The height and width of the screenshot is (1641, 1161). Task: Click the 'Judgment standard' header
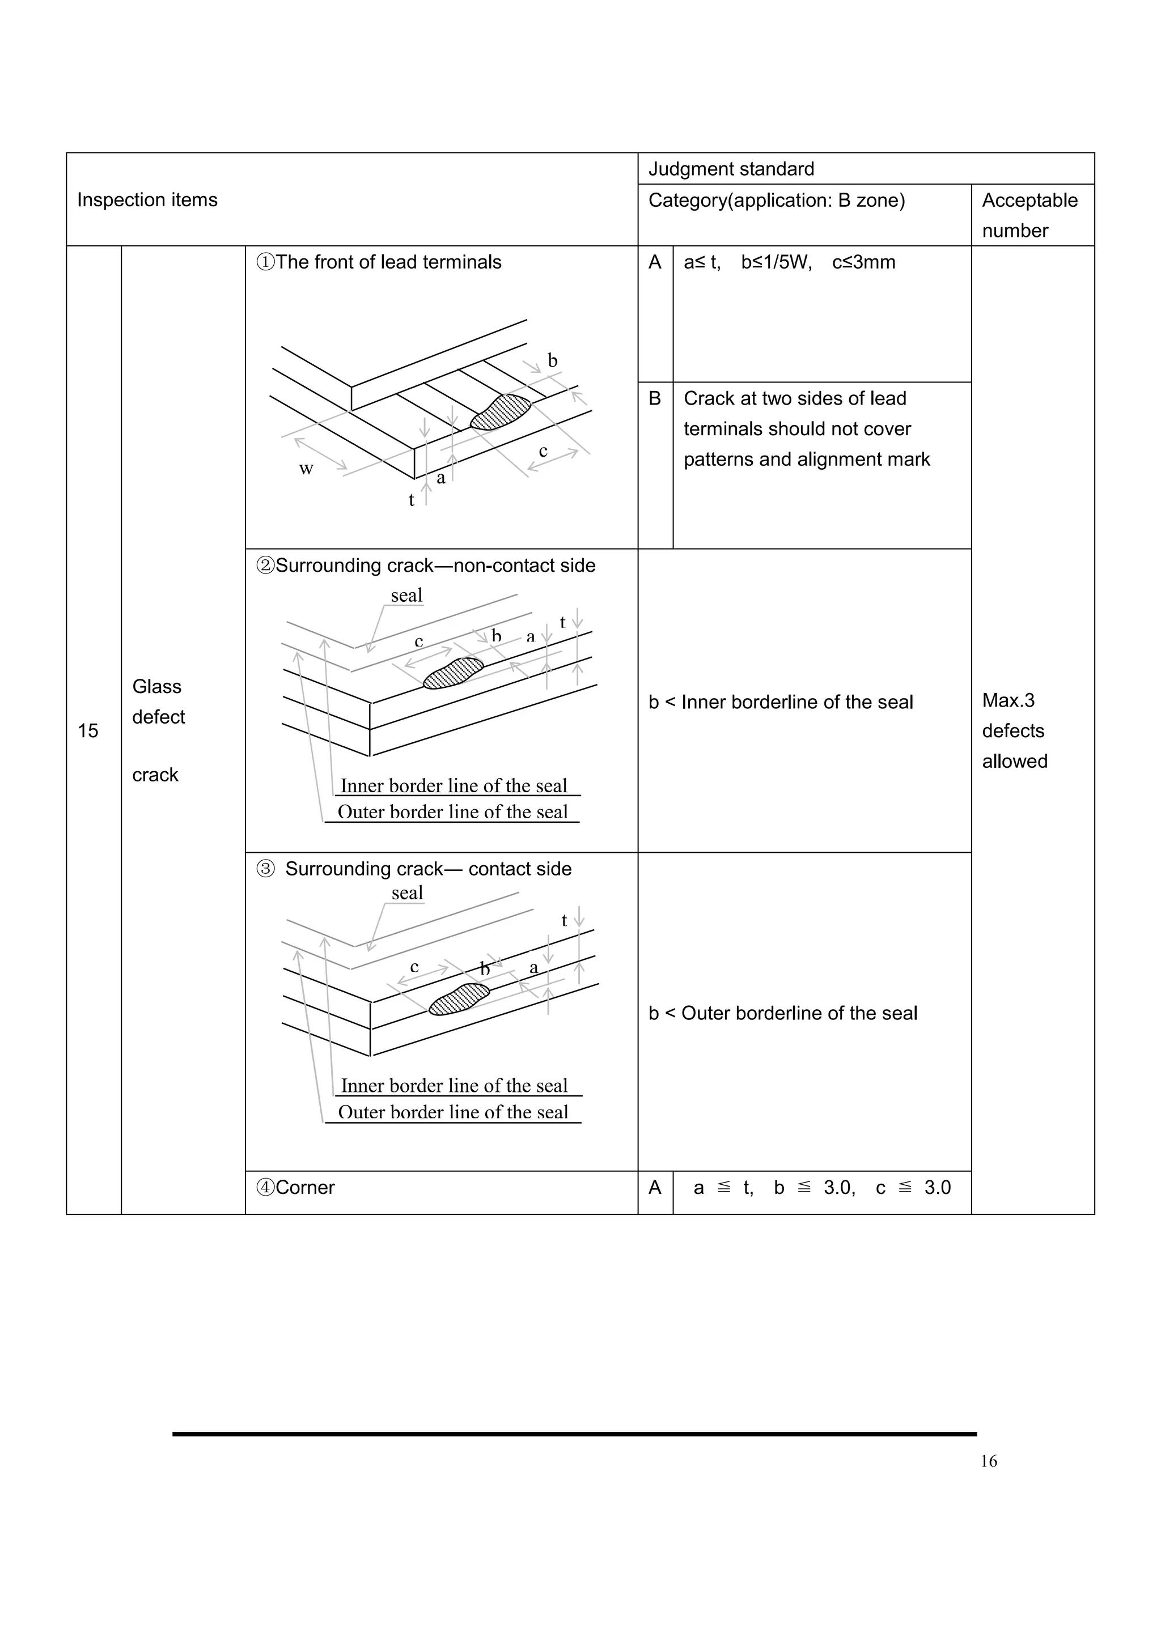[x=731, y=169]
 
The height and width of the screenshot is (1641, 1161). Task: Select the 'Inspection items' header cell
[x=147, y=200]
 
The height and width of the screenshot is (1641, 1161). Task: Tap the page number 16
[x=988, y=1461]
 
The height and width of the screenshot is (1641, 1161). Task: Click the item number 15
[x=88, y=730]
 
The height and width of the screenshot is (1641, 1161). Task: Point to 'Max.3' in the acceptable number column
[x=1008, y=700]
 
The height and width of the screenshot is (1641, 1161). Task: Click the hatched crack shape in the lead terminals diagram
[x=501, y=412]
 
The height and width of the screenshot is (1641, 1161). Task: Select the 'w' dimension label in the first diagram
[x=306, y=469]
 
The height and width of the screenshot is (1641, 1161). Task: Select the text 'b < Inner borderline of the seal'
[x=781, y=702]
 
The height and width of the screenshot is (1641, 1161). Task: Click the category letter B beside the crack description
[x=655, y=398]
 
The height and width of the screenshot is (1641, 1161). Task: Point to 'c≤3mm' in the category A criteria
[x=863, y=262]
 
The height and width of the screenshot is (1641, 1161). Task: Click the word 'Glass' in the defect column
[x=156, y=687]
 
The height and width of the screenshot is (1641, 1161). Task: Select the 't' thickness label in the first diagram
[x=411, y=500]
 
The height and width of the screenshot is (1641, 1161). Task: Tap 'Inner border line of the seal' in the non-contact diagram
[x=454, y=786]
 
